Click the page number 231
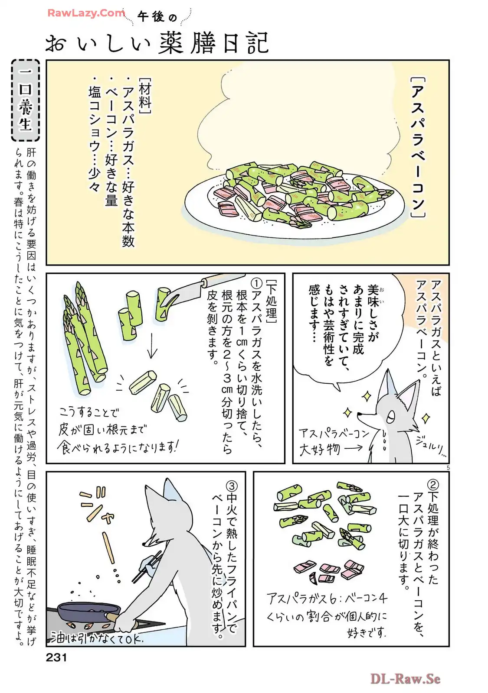[x=56, y=657]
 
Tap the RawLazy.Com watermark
[x=86, y=13]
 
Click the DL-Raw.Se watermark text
[x=405, y=679]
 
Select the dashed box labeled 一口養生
[x=26, y=100]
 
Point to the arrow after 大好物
[x=353, y=448]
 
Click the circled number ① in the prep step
[x=258, y=283]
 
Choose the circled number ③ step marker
[x=231, y=486]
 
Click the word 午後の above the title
[x=157, y=17]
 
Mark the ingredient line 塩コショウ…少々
[x=95, y=138]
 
